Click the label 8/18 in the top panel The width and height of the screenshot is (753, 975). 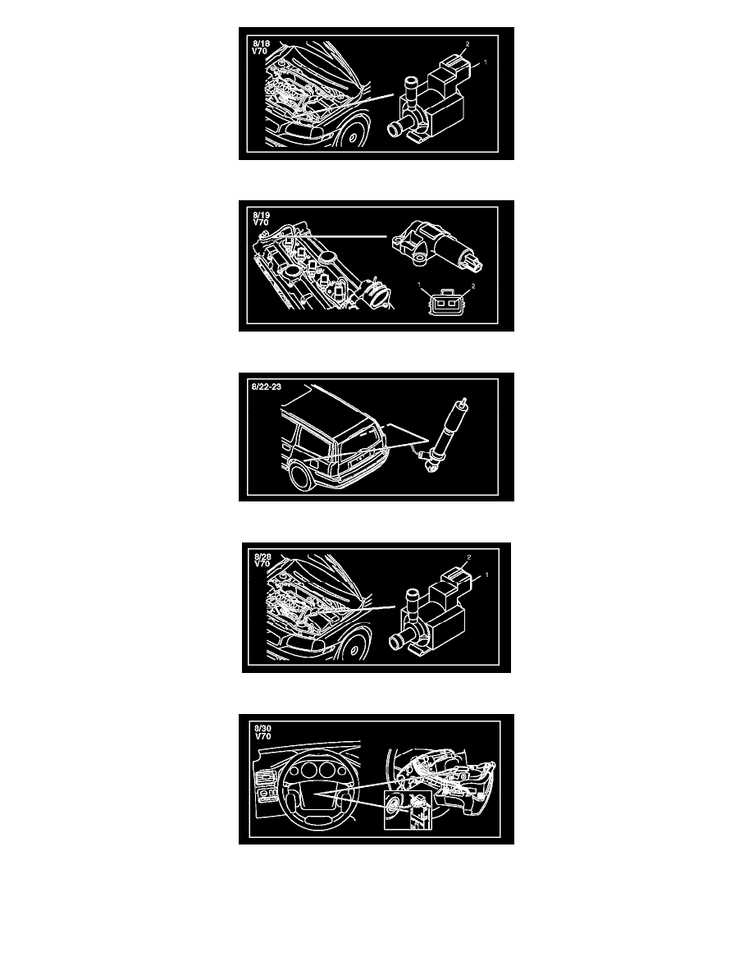261,43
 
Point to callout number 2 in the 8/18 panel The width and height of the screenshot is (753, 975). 468,44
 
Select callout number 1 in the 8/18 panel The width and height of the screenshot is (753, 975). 485,62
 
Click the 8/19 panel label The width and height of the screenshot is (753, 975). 261,215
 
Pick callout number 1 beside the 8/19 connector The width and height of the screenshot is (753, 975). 420,285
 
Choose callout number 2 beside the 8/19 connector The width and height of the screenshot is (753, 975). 473,286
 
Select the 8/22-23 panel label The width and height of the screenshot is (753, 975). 267,387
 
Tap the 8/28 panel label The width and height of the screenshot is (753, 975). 262,556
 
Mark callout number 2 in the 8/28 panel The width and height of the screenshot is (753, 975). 469,557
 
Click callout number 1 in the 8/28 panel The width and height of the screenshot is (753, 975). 486,574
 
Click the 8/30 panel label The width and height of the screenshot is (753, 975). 262,728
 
